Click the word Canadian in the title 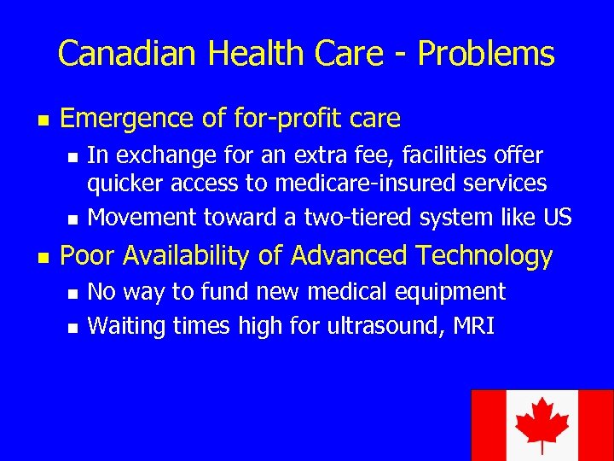pyautogui.click(x=129, y=54)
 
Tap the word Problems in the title pyautogui.click(x=485, y=54)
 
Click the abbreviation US pyautogui.click(x=557, y=217)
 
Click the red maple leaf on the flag pyautogui.click(x=542, y=423)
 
